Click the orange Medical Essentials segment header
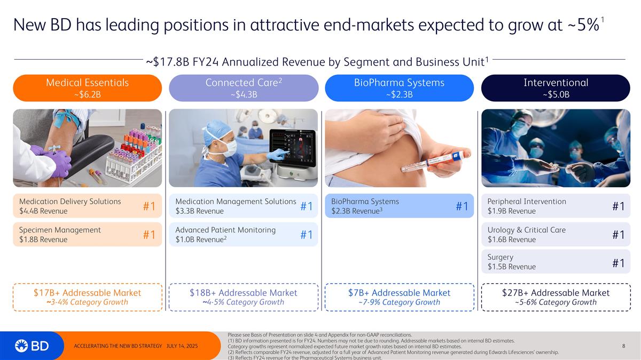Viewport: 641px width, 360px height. pos(87,87)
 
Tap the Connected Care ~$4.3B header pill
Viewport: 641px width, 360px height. pos(243,87)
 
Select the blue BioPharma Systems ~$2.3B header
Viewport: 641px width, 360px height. pos(399,87)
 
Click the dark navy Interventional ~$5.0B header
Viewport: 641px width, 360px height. pos(556,87)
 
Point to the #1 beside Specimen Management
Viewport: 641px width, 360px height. pos(150,235)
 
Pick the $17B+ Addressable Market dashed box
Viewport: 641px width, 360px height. pos(87,297)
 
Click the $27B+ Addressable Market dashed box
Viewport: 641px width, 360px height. pos(556,297)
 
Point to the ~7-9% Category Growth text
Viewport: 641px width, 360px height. pos(399,302)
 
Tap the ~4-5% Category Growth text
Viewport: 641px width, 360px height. pos(243,302)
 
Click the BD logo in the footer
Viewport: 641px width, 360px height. pos(32,346)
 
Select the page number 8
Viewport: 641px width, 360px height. pos(623,346)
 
